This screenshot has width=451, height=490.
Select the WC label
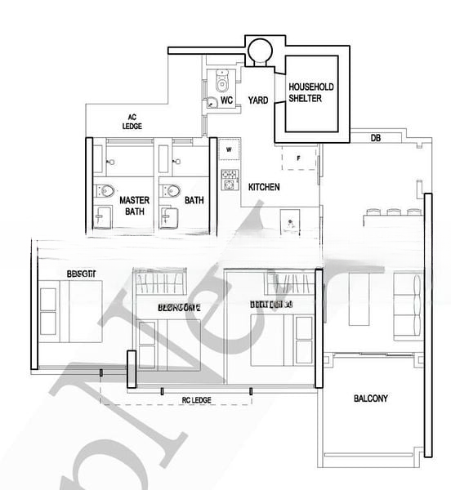[228, 100]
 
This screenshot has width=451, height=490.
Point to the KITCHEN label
[264, 187]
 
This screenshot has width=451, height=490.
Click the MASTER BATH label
[133, 205]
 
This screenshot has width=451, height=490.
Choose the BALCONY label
[370, 399]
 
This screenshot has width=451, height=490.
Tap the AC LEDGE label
[132, 122]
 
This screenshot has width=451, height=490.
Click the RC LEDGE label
[196, 400]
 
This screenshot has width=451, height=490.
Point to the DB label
[375, 139]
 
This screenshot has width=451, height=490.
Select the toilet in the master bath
[105, 192]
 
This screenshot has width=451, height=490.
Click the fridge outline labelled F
[299, 156]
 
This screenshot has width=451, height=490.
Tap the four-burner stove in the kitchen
[229, 176]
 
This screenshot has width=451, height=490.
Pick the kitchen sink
[290, 221]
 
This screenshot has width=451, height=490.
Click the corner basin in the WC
[212, 102]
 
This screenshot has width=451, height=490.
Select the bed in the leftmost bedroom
[69, 310]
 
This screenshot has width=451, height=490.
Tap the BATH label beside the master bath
[194, 199]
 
